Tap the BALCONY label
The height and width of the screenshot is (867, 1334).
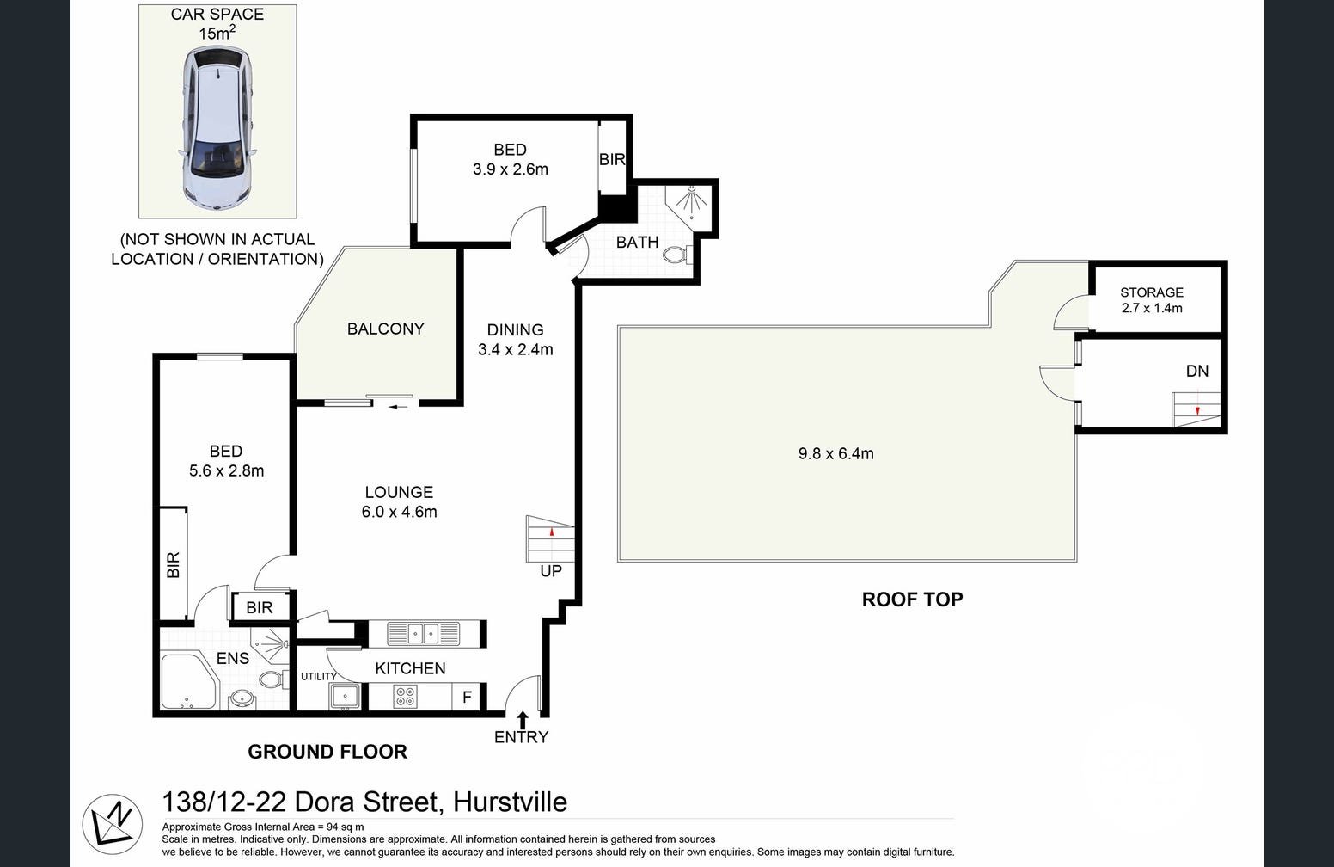[385, 329]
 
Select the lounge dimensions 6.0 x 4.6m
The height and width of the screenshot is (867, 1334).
[399, 513]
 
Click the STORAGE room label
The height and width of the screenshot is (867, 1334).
[1151, 292]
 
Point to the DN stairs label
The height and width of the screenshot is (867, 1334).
[1196, 371]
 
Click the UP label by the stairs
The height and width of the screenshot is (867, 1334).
[551, 571]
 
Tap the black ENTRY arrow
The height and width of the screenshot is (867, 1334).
[522, 719]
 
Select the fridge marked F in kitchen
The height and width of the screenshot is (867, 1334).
[467, 697]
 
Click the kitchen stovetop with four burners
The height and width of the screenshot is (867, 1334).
[405, 696]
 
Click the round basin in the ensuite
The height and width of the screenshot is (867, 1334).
[242, 698]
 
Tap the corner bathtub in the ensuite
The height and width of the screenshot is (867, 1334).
[187, 683]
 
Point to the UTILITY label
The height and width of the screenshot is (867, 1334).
[318, 677]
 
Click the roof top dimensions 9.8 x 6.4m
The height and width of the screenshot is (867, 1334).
[835, 453]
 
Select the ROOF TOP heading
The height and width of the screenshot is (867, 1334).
[912, 600]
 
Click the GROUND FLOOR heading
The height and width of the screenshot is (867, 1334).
[327, 752]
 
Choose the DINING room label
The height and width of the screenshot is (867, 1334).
[515, 329]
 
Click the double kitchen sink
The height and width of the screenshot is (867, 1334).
[424, 634]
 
